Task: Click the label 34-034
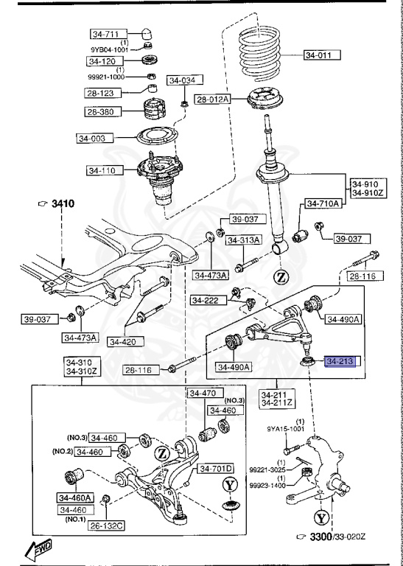pos(184,80)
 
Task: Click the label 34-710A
pos(323,203)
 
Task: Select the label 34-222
pos(206,300)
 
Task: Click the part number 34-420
pos(125,341)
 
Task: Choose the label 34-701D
pos(214,468)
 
